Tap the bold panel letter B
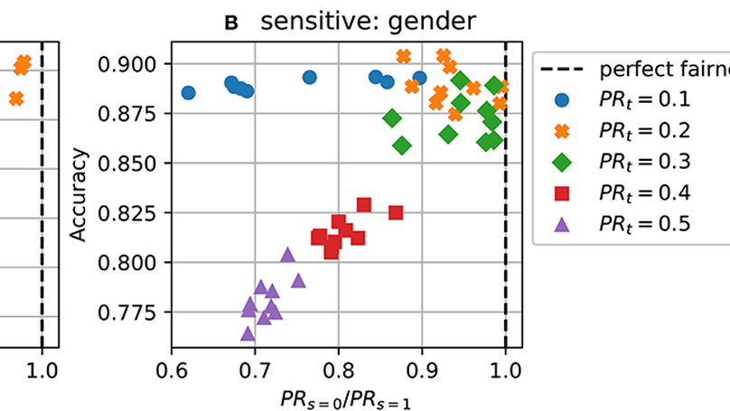pos(231,23)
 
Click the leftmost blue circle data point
pos(188,93)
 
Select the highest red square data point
pos(364,205)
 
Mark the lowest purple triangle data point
pos(248,333)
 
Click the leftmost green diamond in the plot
pos(392,118)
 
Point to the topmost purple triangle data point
pos(288,255)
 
